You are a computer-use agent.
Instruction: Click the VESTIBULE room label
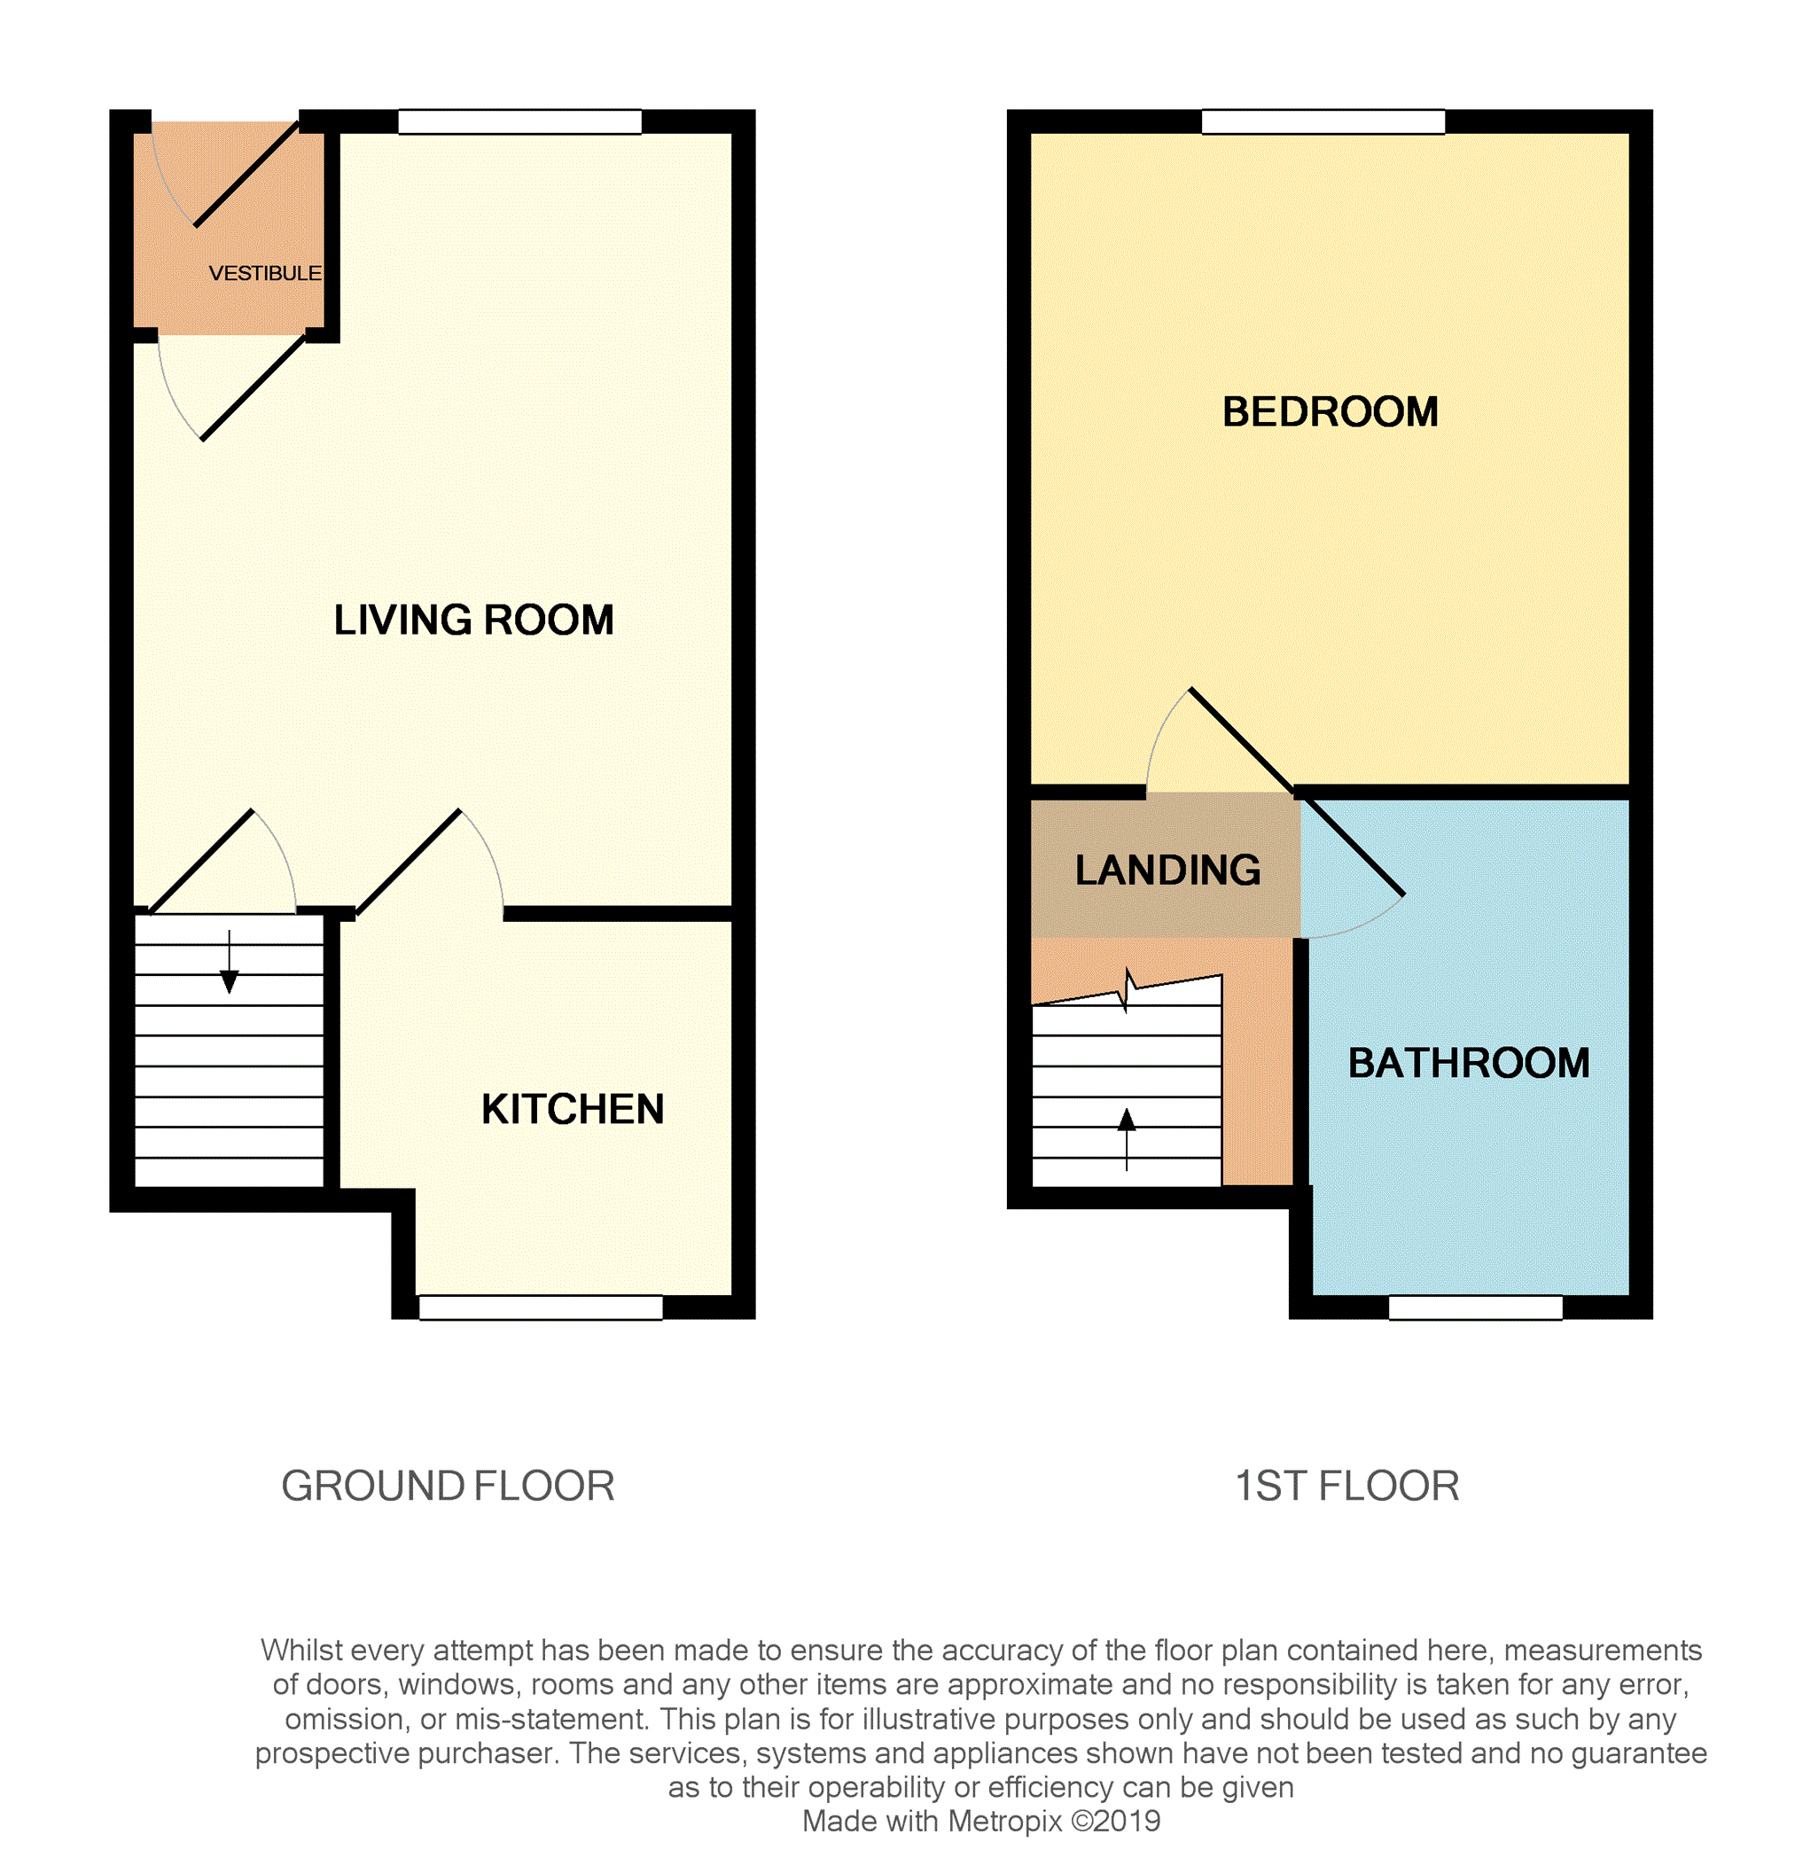[264, 274]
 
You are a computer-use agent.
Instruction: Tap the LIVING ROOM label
[473, 621]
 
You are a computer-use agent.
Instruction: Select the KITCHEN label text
[572, 1109]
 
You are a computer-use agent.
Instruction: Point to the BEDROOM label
[1330, 411]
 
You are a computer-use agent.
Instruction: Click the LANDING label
[1167, 870]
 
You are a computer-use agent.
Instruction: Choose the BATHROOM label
[1469, 1063]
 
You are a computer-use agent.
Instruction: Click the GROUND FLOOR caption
[449, 1486]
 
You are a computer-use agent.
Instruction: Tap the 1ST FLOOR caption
[1346, 1486]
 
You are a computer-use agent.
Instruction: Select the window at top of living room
[520, 121]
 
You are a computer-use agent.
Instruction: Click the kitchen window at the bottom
[541, 1307]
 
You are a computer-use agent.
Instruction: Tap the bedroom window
[1323, 121]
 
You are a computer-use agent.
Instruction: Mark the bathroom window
[1475, 1307]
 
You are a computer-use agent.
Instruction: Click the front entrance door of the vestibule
[246, 174]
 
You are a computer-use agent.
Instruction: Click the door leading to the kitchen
[409, 862]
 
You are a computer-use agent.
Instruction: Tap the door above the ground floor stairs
[201, 862]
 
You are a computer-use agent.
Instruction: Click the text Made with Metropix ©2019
[980, 1821]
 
